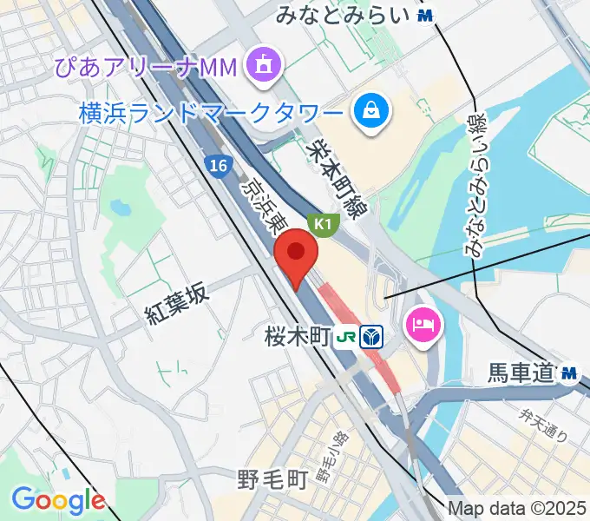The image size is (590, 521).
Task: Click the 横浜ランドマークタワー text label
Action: pyautogui.click(x=211, y=112)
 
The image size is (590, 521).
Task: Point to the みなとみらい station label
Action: pyautogui.click(x=341, y=15)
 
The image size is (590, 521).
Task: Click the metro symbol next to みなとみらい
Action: pyautogui.click(x=425, y=15)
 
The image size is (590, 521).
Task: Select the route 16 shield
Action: pyautogui.click(x=216, y=165)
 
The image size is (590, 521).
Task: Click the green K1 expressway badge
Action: pyautogui.click(x=324, y=224)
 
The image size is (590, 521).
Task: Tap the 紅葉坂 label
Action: pyautogui.click(x=177, y=305)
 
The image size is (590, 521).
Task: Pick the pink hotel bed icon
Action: pyautogui.click(x=424, y=326)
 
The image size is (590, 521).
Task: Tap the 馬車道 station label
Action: pyautogui.click(x=520, y=373)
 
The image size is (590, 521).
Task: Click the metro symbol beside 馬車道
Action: pyautogui.click(x=570, y=373)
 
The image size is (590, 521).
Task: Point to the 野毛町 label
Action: pyautogui.click(x=272, y=478)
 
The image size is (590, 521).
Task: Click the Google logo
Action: pyautogui.click(x=58, y=500)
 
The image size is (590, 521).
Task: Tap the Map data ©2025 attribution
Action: pyautogui.click(x=518, y=508)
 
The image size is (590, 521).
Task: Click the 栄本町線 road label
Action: pyautogui.click(x=338, y=173)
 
